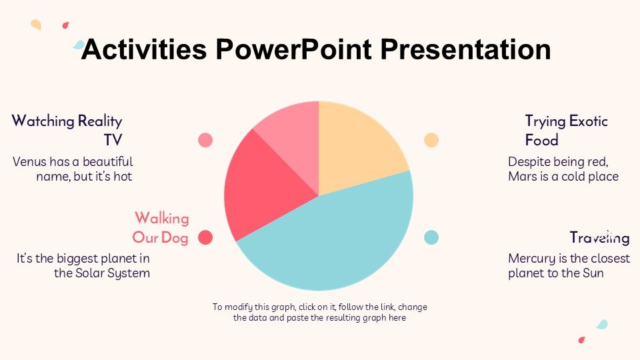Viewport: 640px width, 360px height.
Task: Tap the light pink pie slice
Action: [x=294, y=139]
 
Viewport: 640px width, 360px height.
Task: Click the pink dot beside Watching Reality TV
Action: [x=205, y=140]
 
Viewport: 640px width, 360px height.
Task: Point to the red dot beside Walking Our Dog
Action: [x=205, y=237]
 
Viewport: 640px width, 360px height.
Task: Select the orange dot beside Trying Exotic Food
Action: [x=431, y=140]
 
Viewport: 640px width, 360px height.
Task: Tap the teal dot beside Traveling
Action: [x=431, y=237]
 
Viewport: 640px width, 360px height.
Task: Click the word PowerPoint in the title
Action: [x=293, y=49]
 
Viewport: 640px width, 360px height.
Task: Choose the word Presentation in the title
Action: [x=466, y=49]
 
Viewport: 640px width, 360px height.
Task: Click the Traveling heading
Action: [x=599, y=237]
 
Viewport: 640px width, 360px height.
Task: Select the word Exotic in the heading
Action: [x=588, y=121]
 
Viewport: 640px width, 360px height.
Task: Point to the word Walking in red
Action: [x=162, y=219]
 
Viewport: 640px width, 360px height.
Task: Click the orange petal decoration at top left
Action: [x=36, y=25]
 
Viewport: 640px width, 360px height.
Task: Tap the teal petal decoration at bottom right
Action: [x=602, y=325]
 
